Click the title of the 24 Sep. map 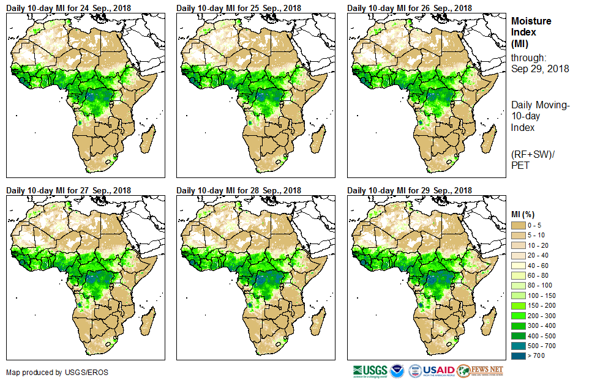[x=69, y=8]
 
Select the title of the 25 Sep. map [x=239, y=8]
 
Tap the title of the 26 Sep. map [x=410, y=8]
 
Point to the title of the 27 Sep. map [x=69, y=190]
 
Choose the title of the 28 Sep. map [x=239, y=190]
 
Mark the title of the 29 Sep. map [x=410, y=190]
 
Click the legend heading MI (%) [x=524, y=214]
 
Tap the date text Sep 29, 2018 [x=540, y=69]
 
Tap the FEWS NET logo [x=480, y=371]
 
